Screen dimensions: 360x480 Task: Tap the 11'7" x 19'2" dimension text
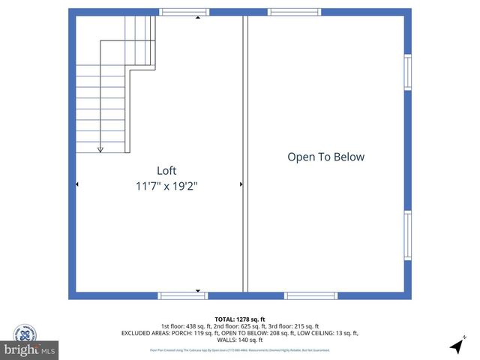[x=166, y=184]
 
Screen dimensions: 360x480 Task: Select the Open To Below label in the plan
[x=325, y=157]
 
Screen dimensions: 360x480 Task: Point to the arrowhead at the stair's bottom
[x=100, y=149]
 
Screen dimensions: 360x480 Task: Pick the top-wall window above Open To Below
[x=295, y=12]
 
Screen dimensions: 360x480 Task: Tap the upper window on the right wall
[x=408, y=72]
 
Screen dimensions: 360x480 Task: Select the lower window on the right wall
[x=408, y=235]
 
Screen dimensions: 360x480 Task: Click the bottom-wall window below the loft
[x=182, y=295]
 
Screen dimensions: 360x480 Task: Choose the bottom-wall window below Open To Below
[x=310, y=295]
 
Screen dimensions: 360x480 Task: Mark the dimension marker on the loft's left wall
[x=77, y=184]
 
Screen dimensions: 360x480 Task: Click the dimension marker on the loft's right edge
[x=241, y=184]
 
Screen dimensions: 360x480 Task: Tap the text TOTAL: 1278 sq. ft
[x=239, y=319]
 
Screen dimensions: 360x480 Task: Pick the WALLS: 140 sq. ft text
[x=239, y=340]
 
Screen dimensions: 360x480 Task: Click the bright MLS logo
[x=30, y=349]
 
